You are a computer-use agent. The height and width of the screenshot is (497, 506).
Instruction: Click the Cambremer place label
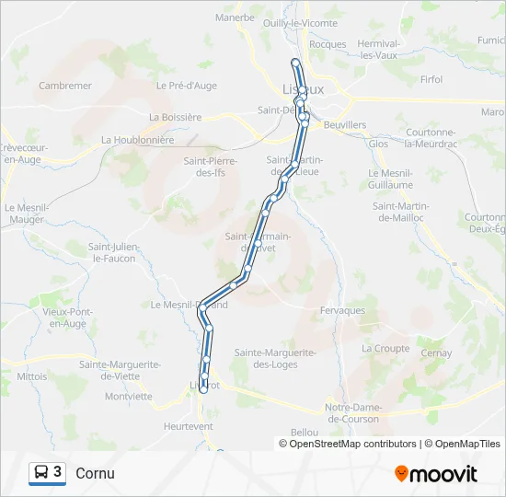point(65,86)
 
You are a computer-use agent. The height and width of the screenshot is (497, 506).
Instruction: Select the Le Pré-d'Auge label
point(186,86)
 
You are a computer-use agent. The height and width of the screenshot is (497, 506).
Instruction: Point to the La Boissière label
point(175,117)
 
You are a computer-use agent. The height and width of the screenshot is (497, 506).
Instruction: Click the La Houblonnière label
point(137,140)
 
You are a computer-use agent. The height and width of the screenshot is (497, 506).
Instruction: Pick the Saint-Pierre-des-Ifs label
point(211,167)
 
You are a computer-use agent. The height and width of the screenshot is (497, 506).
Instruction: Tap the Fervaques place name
point(342,311)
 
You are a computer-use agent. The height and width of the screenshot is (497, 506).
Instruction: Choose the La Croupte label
point(385,349)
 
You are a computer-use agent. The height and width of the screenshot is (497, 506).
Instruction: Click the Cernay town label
point(435,353)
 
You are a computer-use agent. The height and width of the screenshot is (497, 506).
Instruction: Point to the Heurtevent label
point(188,426)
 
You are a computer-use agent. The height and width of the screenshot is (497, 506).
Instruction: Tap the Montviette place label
point(129,397)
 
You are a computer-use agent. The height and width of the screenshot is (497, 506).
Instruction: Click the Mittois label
point(31,376)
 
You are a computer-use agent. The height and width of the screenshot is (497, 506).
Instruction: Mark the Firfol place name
point(431,80)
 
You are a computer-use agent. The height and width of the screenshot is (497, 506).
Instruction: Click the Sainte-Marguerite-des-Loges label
point(276,358)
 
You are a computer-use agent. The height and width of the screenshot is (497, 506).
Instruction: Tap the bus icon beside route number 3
point(41,473)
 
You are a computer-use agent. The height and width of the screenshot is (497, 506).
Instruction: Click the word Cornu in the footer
point(96,473)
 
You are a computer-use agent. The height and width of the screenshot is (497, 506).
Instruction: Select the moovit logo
point(436,474)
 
